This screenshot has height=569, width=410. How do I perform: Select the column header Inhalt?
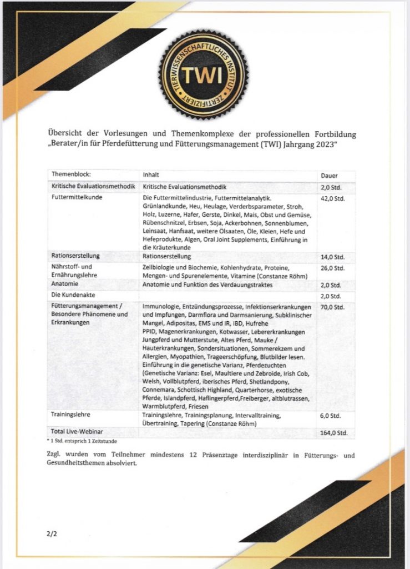[x=151, y=174]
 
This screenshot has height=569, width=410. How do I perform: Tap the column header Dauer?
[x=330, y=175]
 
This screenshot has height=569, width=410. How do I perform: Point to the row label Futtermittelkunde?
[x=75, y=197]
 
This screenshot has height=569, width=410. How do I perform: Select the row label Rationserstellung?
[x=75, y=256]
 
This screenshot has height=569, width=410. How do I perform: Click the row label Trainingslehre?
[x=71, y=415]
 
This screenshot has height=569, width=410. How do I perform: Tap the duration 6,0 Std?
[x=331, y=415]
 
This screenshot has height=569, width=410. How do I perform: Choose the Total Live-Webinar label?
[x=78, y=432]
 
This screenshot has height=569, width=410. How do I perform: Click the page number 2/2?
[x=52, y=535]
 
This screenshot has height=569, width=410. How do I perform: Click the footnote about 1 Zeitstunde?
[x=82, y=440]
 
